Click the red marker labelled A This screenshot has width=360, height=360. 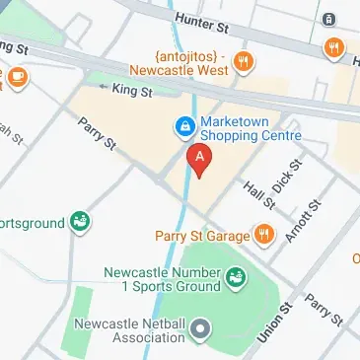200,159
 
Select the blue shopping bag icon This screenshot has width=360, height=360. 183,125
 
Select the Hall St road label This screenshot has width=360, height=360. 260,188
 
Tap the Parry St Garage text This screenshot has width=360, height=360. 201,235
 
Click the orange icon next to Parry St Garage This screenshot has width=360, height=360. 263,235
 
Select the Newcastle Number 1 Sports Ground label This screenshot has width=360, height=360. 165,280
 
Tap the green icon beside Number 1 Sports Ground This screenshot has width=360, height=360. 236,282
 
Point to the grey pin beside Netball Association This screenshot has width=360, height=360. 201,327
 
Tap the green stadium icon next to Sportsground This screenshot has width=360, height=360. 80,223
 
